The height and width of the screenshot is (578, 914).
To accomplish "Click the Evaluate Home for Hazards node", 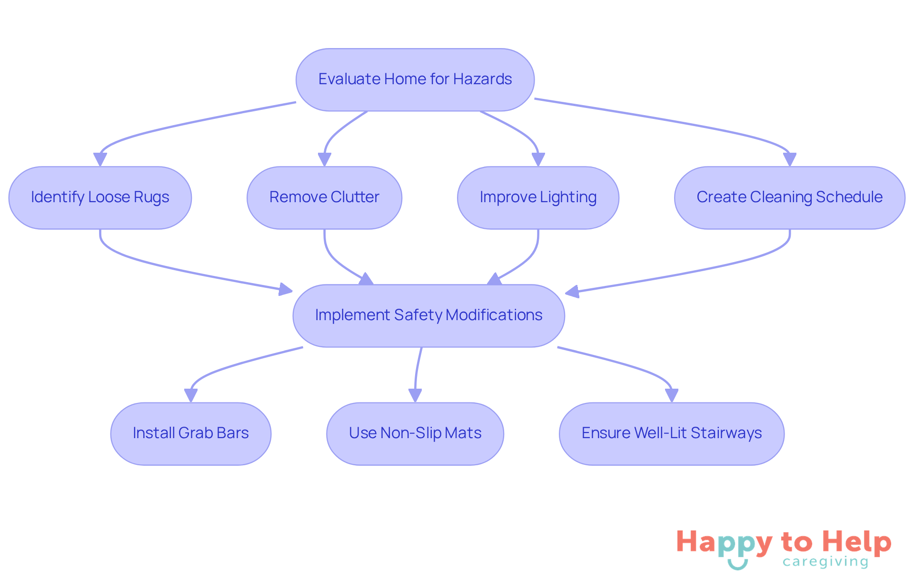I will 415,79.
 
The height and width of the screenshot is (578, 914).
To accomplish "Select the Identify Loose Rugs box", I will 100,197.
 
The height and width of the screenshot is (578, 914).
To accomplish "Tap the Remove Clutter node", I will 324,197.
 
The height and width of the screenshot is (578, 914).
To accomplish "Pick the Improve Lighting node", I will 538,197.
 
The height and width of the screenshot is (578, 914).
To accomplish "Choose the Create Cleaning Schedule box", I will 789,197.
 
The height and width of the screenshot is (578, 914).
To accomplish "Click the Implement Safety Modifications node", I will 428,315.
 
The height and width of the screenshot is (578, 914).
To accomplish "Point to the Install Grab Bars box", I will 190,433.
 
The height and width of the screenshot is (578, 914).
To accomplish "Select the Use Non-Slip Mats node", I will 415,433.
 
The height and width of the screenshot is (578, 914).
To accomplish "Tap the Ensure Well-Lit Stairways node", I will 671,433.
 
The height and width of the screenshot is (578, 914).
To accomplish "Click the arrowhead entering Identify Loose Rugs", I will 100,159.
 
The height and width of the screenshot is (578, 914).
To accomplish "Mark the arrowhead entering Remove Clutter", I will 324,159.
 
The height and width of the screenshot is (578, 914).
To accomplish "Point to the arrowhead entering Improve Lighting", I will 538,159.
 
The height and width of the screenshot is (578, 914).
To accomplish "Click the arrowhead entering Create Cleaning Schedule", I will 789,159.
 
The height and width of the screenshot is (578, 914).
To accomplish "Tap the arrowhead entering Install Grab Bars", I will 190,395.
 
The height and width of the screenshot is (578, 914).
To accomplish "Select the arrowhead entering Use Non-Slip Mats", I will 415,395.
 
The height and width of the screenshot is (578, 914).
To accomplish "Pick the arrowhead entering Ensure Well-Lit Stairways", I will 671,395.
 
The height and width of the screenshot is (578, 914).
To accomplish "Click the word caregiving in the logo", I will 825,562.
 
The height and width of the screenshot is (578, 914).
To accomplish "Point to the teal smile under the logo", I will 737,565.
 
